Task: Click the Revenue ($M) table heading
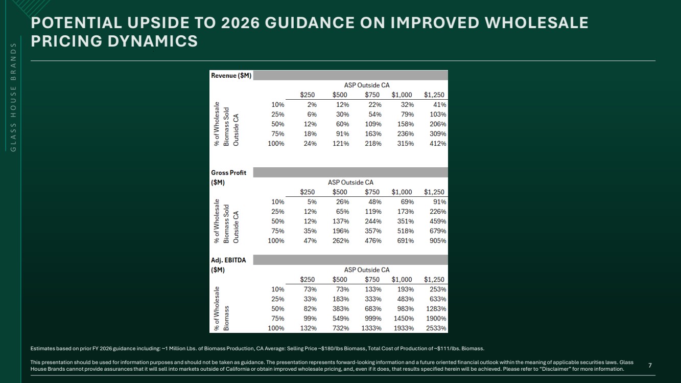point(231,76)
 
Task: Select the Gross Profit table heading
point(229,177)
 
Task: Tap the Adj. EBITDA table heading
point(228,265)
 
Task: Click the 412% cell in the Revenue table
point(438,144)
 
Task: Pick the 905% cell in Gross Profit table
point(438,241)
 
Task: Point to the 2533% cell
point(436,328)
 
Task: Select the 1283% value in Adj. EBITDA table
point(436,309)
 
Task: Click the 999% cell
point(373,319)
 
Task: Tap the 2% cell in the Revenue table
point(312,105)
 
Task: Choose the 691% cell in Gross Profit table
point(406,241)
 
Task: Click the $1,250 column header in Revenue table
point(434,95)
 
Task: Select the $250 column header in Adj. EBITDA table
point(308,280)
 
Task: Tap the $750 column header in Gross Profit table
point(372,192)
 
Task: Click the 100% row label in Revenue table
point(276,144)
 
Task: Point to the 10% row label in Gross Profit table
point(278,202)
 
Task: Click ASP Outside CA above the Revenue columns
point(367,85)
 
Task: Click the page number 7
point(650,365)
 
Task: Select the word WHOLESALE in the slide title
point(536,23)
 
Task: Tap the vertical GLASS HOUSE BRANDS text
point(13,97)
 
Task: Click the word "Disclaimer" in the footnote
point(554,369)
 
